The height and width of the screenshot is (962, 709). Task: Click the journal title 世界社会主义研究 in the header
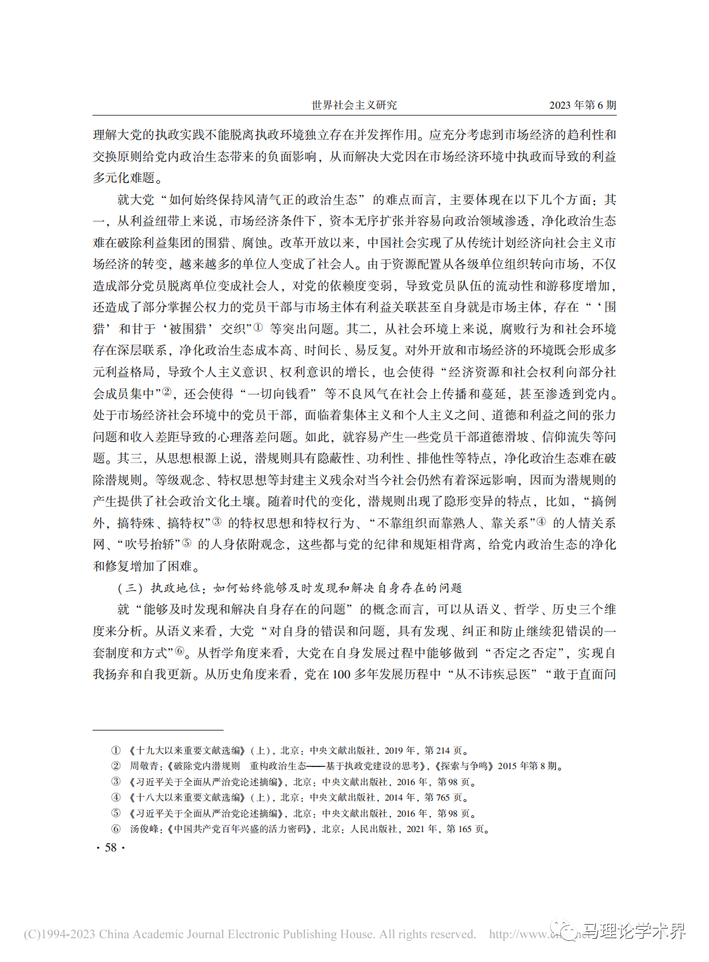354,105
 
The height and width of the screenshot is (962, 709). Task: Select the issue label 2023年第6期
582,105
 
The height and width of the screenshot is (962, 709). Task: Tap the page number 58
111,848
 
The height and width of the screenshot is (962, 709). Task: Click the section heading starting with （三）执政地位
290,588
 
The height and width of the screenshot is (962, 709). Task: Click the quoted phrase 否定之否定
525,653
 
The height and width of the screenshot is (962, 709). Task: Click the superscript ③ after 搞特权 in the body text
217,522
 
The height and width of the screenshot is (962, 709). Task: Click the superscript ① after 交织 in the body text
258,327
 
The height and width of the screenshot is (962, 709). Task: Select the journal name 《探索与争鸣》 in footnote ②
466,766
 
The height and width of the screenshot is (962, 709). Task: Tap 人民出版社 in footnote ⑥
373,829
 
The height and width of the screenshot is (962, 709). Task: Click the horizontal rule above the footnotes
158,730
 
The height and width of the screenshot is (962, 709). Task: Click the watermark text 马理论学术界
634,931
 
